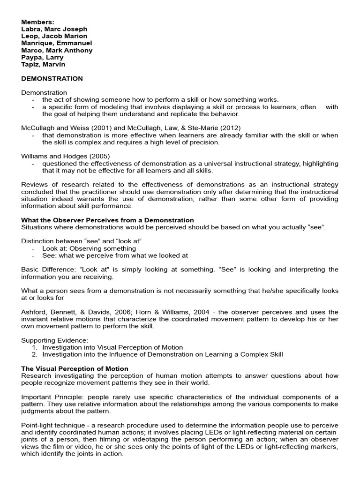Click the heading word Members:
[37, 22]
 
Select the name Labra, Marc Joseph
[54, 29]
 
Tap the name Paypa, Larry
[42, 57]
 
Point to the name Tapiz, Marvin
[43, 64]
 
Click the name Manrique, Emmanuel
[56, 43]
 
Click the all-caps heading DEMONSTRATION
[52, 78]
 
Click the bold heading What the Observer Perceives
[107, 220]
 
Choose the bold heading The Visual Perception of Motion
[75, 368]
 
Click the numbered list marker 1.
[34, 347]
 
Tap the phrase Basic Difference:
[47, 270]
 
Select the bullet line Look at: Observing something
[89, 248]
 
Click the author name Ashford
[34, 312]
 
